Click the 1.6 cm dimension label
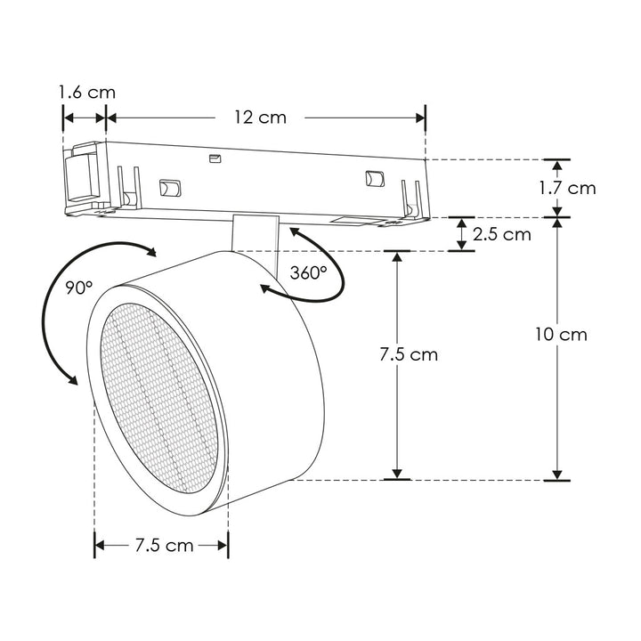pos(86,92)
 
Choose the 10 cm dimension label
pos(561,335)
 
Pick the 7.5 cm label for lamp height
pos(409,354)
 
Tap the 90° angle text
pos(78,288)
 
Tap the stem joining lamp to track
pos(254,233)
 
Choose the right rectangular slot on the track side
pos(373,178)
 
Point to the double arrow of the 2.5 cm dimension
pos(462,234)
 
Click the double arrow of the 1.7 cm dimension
pos(557,188)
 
